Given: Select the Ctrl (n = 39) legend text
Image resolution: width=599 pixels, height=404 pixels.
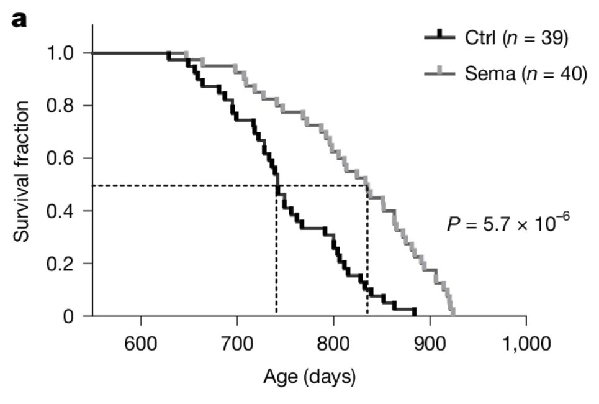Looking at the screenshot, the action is [x=516, y=38].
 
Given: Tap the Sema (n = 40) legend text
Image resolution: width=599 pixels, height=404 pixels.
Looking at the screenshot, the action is [x=526, y=73].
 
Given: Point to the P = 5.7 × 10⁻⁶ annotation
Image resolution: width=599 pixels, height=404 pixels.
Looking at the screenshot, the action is [x=508, y=222].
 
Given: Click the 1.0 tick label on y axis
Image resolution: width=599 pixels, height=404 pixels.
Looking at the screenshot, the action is [x=60, y=53].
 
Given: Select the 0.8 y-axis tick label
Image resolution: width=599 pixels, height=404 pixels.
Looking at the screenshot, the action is [x=60, y=106].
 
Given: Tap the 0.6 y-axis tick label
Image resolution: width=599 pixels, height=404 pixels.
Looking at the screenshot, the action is [x=60, y=158].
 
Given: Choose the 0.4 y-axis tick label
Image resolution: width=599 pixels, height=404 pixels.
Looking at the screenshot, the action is [x=60, y=211].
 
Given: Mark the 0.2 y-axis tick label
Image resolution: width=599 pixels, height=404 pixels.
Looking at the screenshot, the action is [x=60, y=264].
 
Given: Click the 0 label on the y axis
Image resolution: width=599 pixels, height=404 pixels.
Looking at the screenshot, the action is [x=68, y=316].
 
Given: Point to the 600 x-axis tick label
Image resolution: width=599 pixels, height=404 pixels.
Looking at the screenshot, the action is [x=141, y=344].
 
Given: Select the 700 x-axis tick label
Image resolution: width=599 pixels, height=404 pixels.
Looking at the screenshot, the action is [x=237, y=344].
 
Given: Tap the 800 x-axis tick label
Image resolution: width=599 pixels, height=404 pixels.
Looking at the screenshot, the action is [x=333, y=344].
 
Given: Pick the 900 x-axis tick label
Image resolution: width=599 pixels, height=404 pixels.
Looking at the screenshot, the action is [x=430, y=344].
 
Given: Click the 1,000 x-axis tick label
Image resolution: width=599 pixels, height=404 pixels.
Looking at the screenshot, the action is [x=526, y=344].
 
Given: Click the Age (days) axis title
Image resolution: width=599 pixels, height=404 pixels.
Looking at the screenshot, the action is [x=310, y=377].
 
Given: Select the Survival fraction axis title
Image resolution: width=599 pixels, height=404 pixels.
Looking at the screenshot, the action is [x=21, y=172].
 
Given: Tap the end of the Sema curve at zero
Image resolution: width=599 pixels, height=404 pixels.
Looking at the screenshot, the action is [x=453, y=315].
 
